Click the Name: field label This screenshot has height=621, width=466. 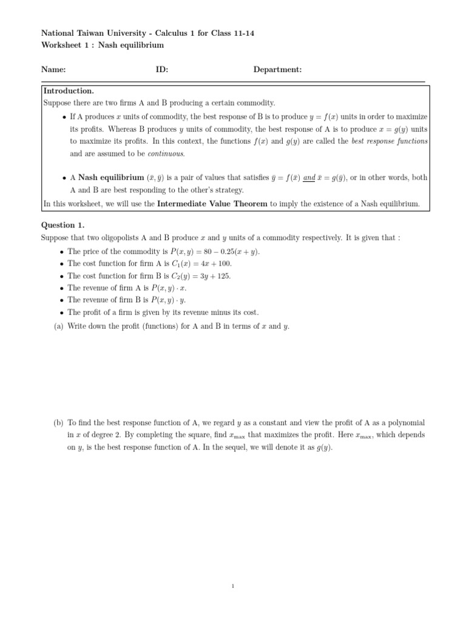[x=53, y=70]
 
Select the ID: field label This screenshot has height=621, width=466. [x=161, y=70]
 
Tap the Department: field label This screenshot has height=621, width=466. [x=277, y=70]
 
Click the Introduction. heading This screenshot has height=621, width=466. [x=69, y=91]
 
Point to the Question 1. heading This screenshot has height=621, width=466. [x=63, y=224]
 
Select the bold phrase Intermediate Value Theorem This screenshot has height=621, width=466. [x=212, y=204]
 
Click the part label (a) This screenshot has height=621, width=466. [x=59, y=326]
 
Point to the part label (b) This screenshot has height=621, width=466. [x=59, y=422]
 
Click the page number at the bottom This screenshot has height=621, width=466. [x=233, y=586]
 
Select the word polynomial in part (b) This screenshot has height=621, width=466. [x=406, y=422]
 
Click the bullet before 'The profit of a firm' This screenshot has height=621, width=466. [x=62, y=313]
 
